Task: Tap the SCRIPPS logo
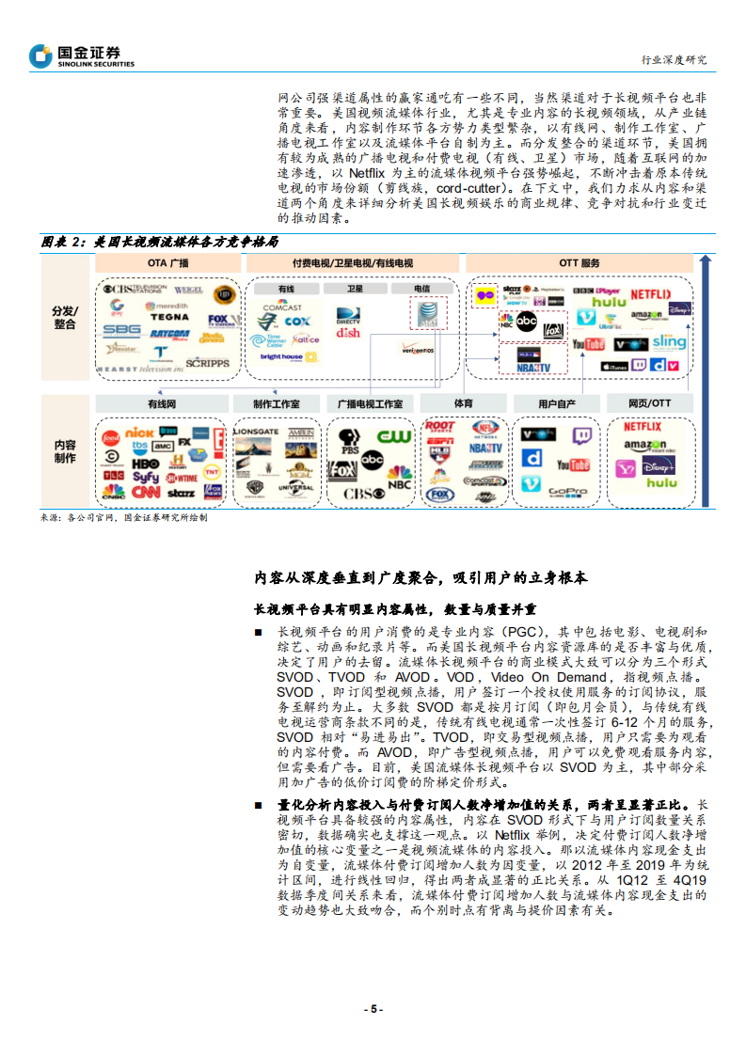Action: [x=208, y=362]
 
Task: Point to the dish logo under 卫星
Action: [x=348, y=333]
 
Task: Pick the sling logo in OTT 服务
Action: [x=669, y=342]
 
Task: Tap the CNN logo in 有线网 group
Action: [x=145, y=491]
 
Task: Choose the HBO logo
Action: [x=145, y=464]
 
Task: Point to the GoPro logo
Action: [x=569, y=491]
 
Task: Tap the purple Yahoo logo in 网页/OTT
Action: [x=625, y=467]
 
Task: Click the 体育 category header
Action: [x=464, y=403]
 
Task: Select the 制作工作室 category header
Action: [x=277, y=403]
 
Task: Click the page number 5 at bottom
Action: [x=373, y=1008]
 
